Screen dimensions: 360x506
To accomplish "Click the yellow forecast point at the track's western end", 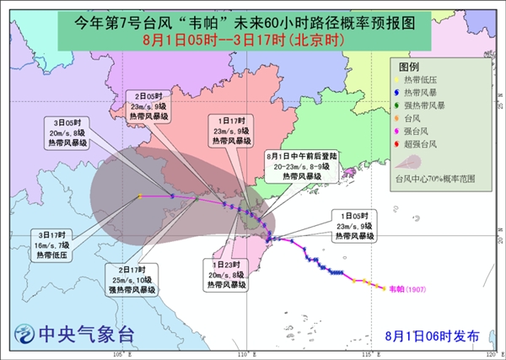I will (139, 196).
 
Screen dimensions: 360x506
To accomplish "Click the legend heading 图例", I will (409, 65).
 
